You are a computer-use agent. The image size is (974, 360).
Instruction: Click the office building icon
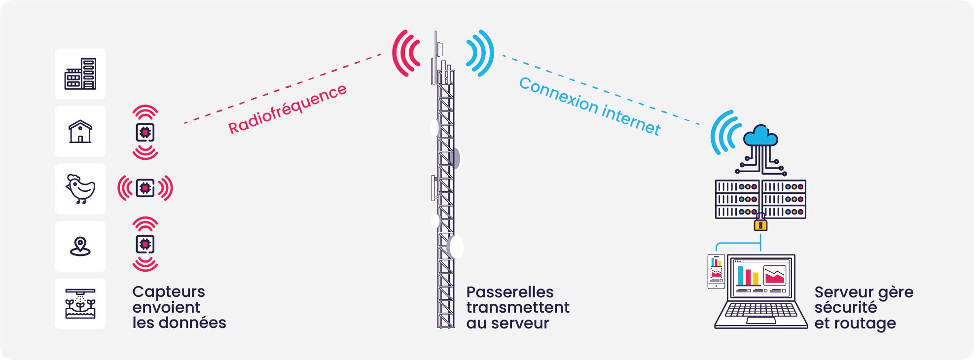[80, 74]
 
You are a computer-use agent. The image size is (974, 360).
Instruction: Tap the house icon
[80, 132]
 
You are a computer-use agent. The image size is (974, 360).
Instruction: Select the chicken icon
[80, 189]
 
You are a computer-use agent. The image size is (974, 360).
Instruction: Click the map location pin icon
[80, 246]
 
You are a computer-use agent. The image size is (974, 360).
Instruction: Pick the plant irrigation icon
[80, 304]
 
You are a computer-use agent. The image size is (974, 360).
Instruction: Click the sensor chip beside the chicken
[145, 188]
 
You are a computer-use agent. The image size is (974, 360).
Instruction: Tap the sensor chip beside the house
[145, 132]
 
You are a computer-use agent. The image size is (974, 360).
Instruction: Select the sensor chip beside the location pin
[145, 244]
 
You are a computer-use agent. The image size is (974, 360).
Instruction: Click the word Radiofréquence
[287, 109]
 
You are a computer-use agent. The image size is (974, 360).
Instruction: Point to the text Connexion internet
[590, 106]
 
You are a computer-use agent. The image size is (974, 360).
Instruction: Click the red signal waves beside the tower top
[406, 53]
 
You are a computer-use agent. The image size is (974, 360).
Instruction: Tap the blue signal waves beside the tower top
[480, 53]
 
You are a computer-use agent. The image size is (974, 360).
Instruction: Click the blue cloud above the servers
[760, 136]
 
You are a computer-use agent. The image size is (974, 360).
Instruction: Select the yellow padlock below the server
[760, 224]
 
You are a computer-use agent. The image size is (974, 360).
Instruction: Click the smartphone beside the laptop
[716, 271]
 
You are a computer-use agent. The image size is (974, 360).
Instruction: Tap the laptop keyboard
[760, 310]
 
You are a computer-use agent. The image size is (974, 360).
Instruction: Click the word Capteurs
[169, 292]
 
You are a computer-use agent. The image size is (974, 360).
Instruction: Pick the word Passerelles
[510, 292]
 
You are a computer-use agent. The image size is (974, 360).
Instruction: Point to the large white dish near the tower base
[457, 247]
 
